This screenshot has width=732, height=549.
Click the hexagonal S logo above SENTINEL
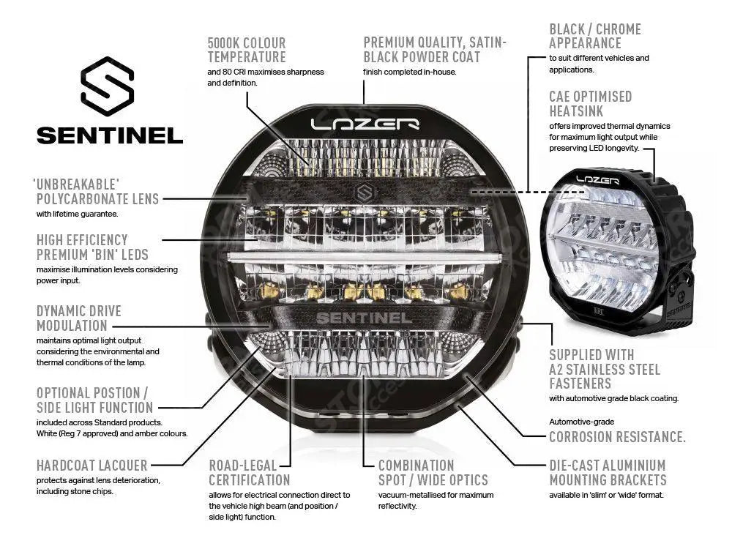(x=108, y=86)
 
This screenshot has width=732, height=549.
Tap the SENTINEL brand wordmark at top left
(x=110, y=135)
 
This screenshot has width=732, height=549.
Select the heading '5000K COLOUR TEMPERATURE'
(x=247, y=50)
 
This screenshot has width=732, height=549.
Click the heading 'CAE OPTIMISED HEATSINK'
(x=590, y=103)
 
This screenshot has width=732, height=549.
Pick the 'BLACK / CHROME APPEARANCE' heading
(x=594, y=36)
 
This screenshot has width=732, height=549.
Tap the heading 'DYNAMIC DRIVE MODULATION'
(x=78, y=318)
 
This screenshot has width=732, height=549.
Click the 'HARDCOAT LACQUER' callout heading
(x=91, y=466)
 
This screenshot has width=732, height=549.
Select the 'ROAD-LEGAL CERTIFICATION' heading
(x=250, y=473)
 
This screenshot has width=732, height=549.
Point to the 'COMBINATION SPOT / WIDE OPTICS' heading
(x=433, y=473)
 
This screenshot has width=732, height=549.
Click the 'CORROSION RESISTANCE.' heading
(x=617, y=437)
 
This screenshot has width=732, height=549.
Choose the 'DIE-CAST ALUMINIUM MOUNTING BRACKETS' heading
(x=608, y=473)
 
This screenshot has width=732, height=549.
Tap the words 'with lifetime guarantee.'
(x=77, y=214)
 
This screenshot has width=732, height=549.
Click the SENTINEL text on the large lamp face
(x=364, y=318)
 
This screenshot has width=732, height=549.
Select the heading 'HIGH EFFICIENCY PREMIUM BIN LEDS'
(x=92, y=247)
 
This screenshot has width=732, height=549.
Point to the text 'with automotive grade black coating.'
(x=613, y=399)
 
